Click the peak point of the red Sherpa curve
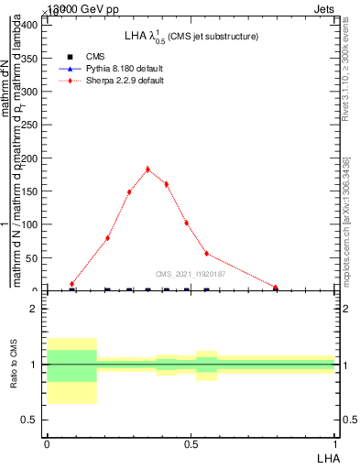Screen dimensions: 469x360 (x=147, y=169)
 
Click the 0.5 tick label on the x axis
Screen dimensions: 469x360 (x=191, y=444)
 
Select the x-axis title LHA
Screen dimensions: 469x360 (x=325, y=456)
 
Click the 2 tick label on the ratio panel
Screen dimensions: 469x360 (x=34, y=310)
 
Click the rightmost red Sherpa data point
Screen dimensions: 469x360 (x=276, y=288)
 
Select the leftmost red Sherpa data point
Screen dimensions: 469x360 (x=71, y=284)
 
